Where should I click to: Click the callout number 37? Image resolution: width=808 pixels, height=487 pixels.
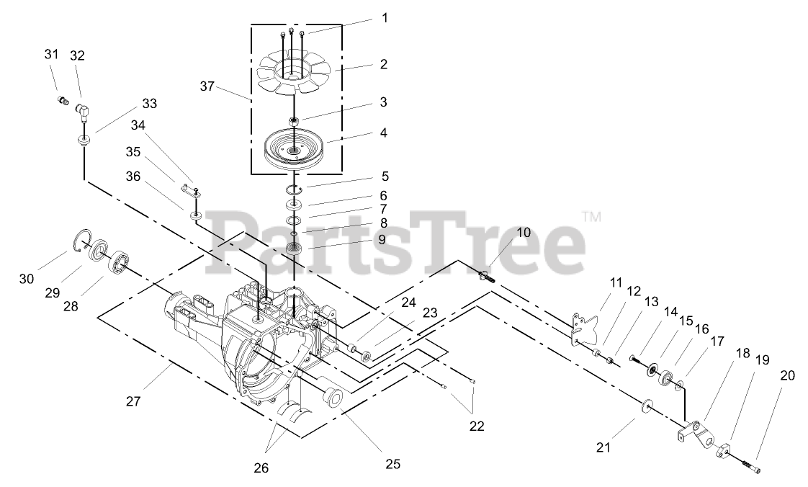(207, 86)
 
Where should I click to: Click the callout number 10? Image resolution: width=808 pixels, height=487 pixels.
(524, 233)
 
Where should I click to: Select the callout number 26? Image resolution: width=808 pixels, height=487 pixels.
(261, 468)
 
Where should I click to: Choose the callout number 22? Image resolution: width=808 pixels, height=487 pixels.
(477, 426)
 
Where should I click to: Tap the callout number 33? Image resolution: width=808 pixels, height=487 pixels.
(149, 103)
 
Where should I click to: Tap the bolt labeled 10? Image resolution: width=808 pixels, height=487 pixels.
(487, 277)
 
